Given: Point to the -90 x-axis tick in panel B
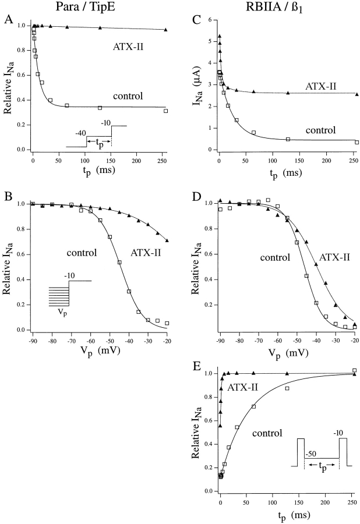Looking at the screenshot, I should pos(33,338).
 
